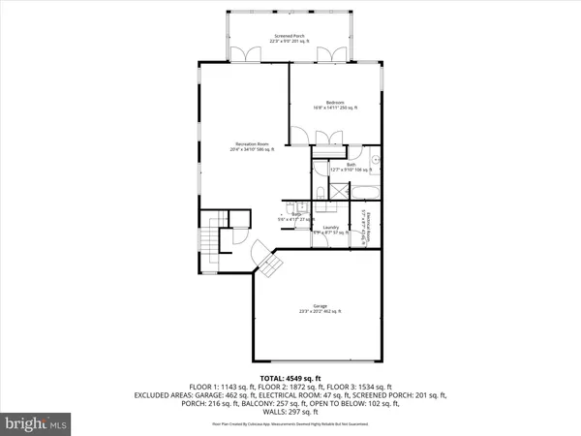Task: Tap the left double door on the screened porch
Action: [x=255, y=50]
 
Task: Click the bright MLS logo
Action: [x=38, y=424]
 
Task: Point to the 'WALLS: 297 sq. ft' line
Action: [x=290, y=414]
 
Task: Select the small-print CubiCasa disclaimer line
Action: [x=290, y=424]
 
